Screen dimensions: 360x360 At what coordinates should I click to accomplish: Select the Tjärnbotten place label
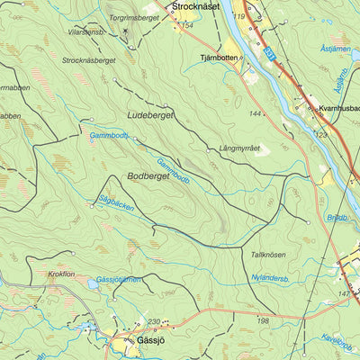click(x=217, y=56)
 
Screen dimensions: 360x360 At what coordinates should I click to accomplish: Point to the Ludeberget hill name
click(x=149, y=116)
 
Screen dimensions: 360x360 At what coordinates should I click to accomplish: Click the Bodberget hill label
click(x=148, y=176)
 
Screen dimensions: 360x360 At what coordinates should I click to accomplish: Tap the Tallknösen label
click(x=268, y=255)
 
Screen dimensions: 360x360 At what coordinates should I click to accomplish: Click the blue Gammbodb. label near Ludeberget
click(x=109, y=136)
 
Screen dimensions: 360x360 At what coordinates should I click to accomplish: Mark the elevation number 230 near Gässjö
click(x=153, y=322)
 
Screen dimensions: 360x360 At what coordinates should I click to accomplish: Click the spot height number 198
click(x=263, y=320)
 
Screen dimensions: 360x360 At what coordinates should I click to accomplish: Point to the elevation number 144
click(x=256, y=113)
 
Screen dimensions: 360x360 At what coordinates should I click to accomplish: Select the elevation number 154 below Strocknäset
click(x=186, y=25)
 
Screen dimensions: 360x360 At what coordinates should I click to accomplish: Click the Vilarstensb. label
click(x=86, y=31)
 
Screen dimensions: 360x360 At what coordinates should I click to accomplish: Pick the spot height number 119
click(x=238, y=16)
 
